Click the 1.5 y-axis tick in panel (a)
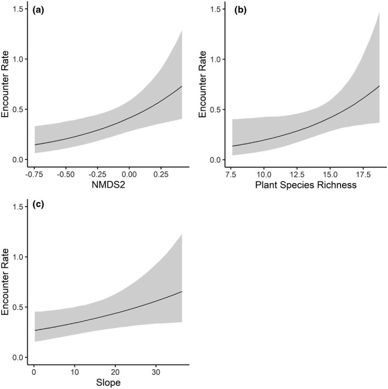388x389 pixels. coord(21,9)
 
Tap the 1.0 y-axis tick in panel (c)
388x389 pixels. coord(21,257)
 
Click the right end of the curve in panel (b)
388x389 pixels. coord(379,86)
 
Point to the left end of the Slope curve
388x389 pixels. coord(33,330)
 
